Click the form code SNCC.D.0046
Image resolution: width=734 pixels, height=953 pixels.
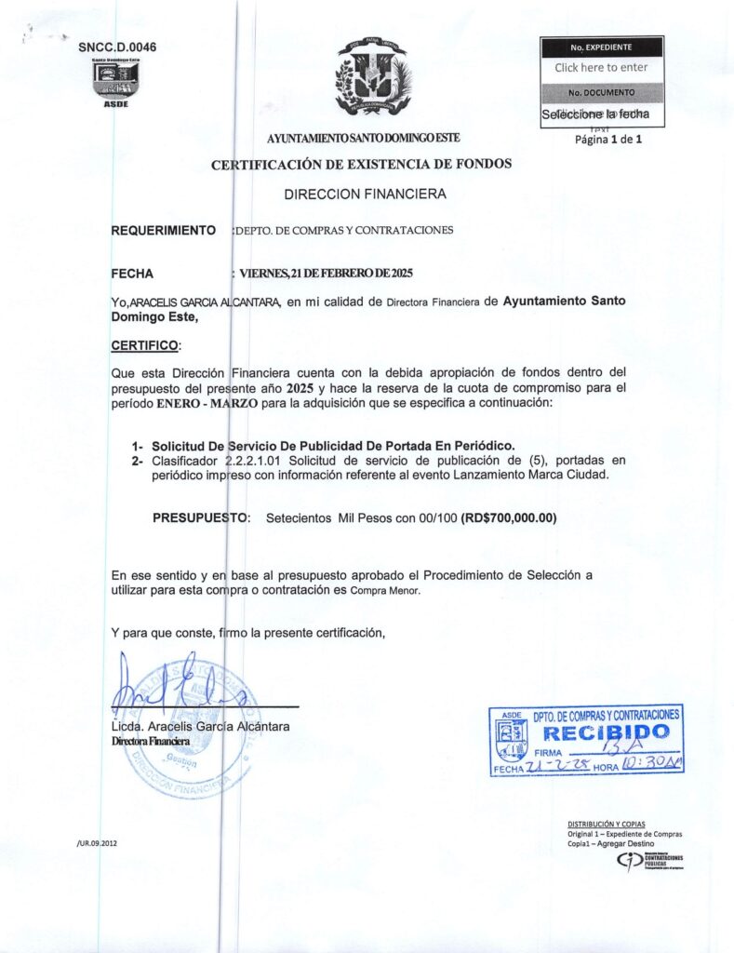[x=117, y=46]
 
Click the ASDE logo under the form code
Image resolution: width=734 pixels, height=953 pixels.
[x=115, y=81]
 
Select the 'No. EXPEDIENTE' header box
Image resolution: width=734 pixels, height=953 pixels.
[x=601, y=47]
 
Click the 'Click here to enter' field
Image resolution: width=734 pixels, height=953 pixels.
[x=601, y=68]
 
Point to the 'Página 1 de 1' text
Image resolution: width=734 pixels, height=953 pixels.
[x=608, y=140]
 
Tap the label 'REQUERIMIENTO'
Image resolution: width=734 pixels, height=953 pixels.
[x=164, y=230]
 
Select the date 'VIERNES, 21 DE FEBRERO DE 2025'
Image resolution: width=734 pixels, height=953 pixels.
[x=326, y=274]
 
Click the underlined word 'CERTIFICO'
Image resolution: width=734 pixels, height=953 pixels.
[x=145, y=345]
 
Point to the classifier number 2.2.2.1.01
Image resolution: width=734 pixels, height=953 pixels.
[x=256, y=461]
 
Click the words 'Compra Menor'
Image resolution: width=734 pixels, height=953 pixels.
[x=384, y=591]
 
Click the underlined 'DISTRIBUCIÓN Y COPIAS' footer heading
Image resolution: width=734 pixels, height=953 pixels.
[x=606, y=825]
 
